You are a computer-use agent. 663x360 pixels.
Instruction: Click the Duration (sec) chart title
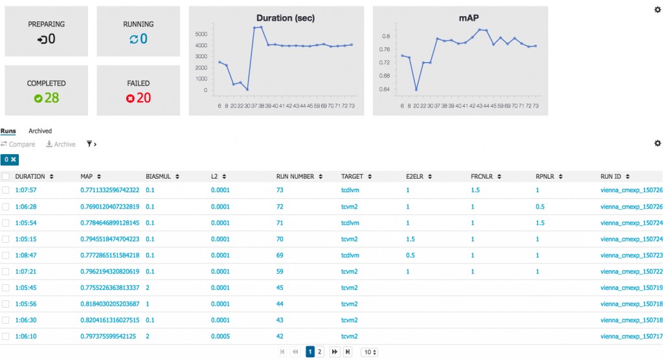[285, 17]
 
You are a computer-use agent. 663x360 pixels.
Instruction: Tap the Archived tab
[40, 131]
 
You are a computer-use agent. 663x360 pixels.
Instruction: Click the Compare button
[18, 144]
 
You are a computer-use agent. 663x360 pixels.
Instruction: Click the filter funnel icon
[90, 144]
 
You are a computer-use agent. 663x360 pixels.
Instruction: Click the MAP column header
[87, 176]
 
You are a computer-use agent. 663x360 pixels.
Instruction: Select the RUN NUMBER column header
[295, 176]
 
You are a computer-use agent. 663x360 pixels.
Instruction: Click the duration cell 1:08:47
[26, 255]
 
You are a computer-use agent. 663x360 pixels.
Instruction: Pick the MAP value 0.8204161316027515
[109, 320]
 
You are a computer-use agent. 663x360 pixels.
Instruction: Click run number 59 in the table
[280, 271]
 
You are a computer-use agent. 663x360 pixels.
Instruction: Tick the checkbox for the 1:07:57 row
[6, 190]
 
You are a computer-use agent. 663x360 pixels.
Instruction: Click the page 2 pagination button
[320, 352]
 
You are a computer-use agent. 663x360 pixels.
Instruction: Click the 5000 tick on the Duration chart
[201, 34]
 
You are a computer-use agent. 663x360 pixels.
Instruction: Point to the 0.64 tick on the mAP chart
[385, 89]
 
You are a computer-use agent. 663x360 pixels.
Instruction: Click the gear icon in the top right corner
[658, 9]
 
